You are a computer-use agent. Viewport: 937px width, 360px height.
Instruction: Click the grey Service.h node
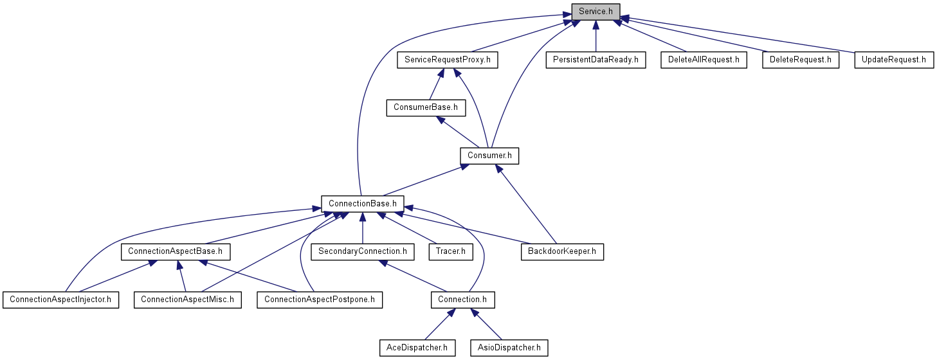tap(596, 12)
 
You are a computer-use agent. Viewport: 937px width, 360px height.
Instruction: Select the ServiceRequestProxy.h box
tap(447, 60)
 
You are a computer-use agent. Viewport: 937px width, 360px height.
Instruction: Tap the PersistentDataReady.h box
tap(596, 60)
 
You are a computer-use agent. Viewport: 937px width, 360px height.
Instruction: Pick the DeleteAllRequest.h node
tap(704, 60)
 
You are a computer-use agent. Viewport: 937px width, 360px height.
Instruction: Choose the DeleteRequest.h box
tap(801, 60)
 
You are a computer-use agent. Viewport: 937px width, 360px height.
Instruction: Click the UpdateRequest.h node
tap(894, 60)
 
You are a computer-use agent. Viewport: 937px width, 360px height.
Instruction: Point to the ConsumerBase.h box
tap(426, 108)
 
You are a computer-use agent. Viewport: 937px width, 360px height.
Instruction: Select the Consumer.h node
tap(489, 156)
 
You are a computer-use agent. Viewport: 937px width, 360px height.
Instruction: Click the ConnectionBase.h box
tap(363, 204)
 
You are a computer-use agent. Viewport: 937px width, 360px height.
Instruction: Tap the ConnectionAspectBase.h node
tap(176, 252)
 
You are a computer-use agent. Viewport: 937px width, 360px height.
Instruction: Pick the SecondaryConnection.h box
tap(363, 252)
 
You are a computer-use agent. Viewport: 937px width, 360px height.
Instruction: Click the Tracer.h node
tap(451, 252)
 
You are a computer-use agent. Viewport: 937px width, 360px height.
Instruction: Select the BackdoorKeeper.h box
tap(562, 252)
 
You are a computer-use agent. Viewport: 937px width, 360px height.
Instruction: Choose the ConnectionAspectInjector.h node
tap(60, 300)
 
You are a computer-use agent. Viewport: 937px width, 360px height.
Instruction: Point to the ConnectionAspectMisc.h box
tap(187, 300)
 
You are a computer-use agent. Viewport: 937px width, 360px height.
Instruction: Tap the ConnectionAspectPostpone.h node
tap(320, 300)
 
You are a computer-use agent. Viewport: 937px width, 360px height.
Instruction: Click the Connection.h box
tap(462, 300)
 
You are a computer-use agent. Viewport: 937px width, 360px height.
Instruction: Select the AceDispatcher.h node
tap(417, 348)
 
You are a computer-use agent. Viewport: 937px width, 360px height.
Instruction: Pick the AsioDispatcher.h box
tap(509, 348)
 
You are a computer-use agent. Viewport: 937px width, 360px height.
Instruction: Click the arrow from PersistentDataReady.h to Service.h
tap(596, 36)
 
